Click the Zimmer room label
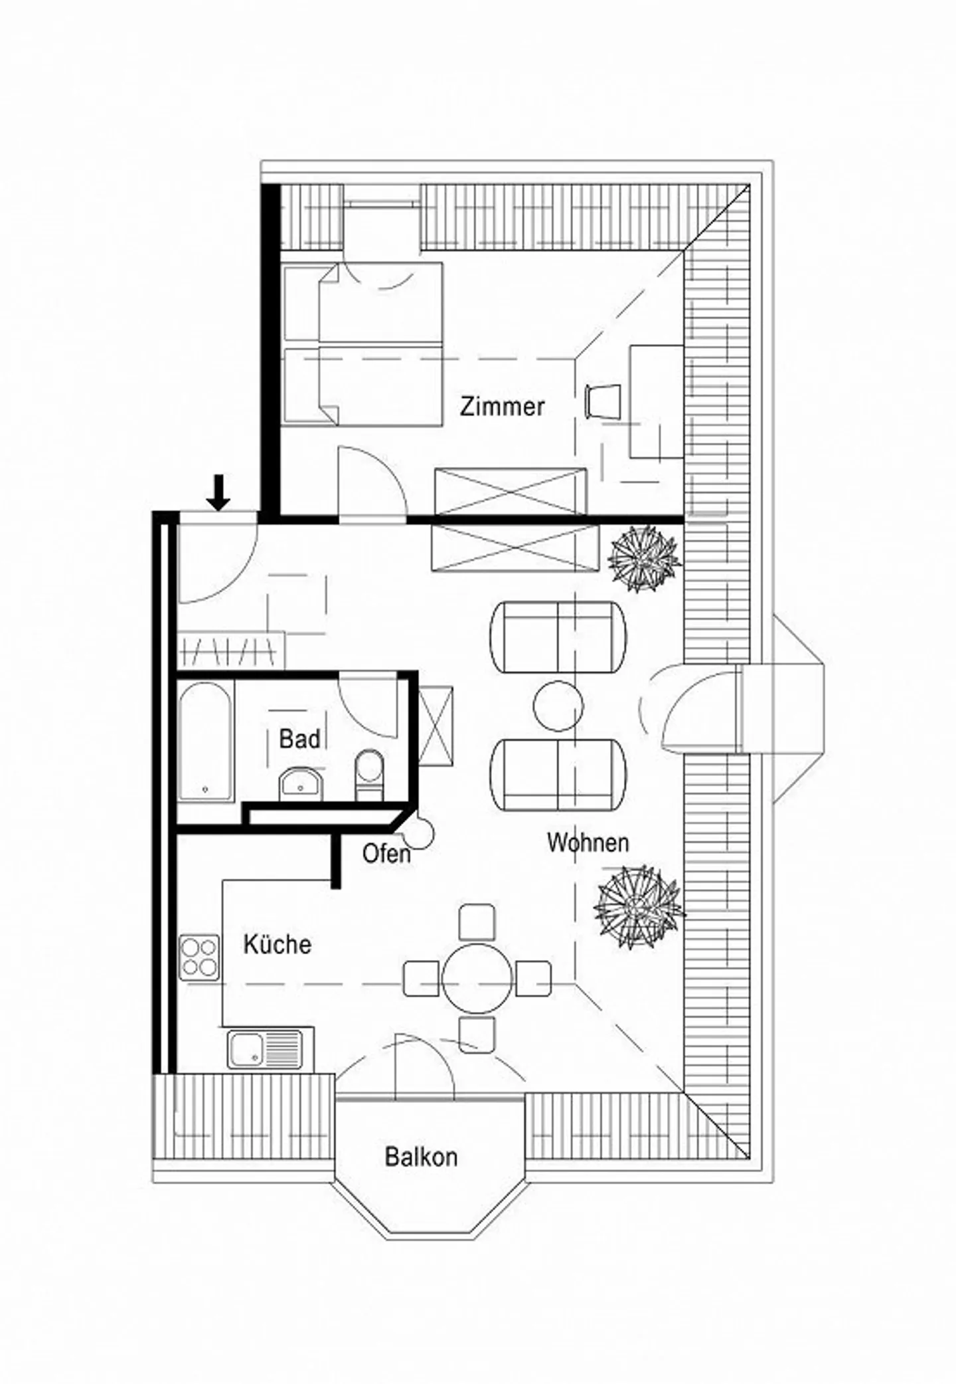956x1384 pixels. pyautogui.click(x=503, y=406)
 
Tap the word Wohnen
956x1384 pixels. pyautogui.click(x=588, y=842)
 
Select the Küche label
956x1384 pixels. pyautogui.click(x=277, y=944)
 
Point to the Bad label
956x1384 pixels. pyautogui.click(x=299, y=739)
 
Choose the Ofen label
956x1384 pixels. pyautogui.click(x=386, y=854)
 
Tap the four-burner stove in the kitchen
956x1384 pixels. pyautogui.click(x=199, y=957)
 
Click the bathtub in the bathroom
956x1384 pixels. pyautogui.click(x=206, y=741)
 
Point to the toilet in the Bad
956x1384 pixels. pyautogui.click(x=369, y=774)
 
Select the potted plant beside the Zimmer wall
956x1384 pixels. pyautogui.click(x=643, y=558)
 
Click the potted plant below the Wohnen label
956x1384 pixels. pyautogui.click(x=638, y=906)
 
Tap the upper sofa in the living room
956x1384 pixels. pyautogui.click(x=558, y=637)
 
